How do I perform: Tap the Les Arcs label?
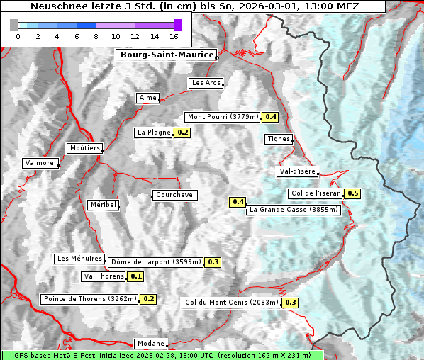tap(206, 83)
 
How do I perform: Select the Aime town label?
tap(148, 98)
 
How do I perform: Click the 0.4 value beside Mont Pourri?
tap(270, 117)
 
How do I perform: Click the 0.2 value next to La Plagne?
tap(183, 133)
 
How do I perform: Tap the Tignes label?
tap(279, 139)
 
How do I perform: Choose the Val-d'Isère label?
tap(297, 171)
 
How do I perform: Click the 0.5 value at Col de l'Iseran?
tap(352, 193)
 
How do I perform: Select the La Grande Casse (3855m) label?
tap(294, 210)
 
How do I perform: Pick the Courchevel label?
tap(174, 195)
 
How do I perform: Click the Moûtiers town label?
tap(84, 148)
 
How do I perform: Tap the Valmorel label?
tap(40, 163)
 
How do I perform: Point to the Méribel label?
tap(103, 205)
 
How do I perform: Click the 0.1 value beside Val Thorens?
tap(136, 276)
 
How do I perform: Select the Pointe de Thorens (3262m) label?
tap(89, 299)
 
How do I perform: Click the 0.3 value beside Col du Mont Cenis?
tap(290, 303)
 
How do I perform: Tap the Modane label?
tap(150, 344)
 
